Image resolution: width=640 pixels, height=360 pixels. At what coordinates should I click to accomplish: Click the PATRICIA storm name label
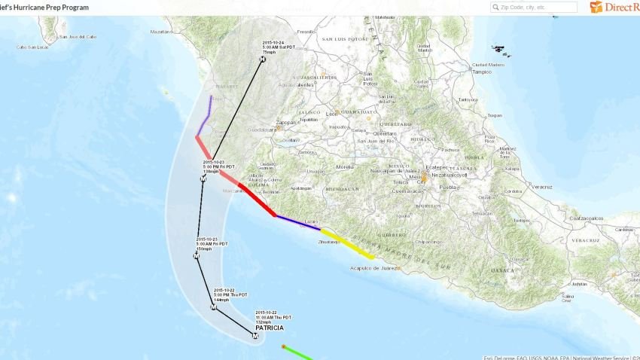click(270, 329)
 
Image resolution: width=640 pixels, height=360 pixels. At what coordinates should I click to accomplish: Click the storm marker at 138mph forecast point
click(203, 179)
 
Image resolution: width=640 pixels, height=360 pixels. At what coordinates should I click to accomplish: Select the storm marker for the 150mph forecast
click(197, 257)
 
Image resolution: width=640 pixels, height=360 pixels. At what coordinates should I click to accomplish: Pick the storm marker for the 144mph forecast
click(213, 308)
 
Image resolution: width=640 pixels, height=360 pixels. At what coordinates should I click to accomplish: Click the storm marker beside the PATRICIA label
click(254, 336)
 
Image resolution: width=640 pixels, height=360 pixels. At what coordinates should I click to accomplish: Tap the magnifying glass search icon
click(495, 7)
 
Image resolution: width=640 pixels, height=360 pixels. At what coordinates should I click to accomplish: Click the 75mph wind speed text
click(269, 52)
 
